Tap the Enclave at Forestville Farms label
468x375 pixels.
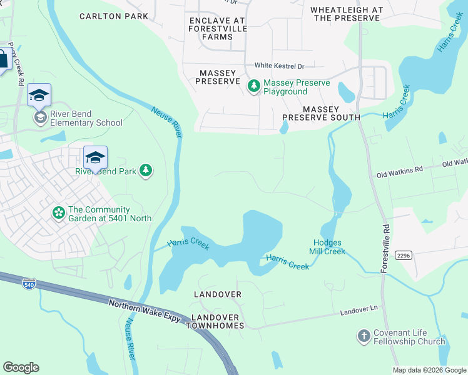click(x=217, y=29)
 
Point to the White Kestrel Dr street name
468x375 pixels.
click(x=279, y=66)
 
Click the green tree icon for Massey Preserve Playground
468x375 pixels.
click(x=254, y=86)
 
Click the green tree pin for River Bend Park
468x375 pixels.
click(x=146, y=170)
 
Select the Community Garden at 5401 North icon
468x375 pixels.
click(x=58, y=214)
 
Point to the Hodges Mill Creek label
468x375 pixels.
click(x=327, y=247)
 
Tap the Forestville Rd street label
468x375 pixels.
click(x=385, y=248)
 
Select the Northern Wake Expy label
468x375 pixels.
click(x=145, y=311)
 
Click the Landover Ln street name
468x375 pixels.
click(x=360, y=311)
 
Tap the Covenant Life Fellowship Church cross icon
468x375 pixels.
click(x=364, y=337)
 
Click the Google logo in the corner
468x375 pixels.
click(x=21, y=367)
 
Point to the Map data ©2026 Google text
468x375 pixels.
click(x=429, y=370)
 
